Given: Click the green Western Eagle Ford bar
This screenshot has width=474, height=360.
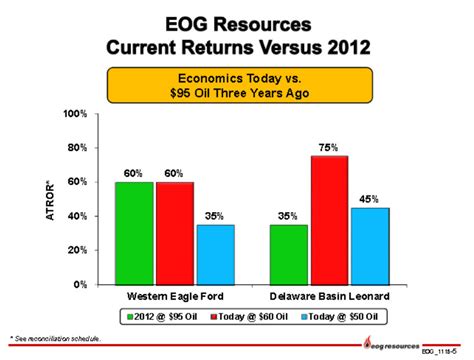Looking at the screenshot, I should pos(134,233).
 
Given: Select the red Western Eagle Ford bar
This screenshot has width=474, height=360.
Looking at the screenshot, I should pos(175,233).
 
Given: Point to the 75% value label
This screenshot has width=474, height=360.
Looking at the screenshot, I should pos(329,146).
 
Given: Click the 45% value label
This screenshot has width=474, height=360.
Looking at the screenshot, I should pos(369,198).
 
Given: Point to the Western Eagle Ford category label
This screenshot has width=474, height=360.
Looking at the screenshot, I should pos(175,297).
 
